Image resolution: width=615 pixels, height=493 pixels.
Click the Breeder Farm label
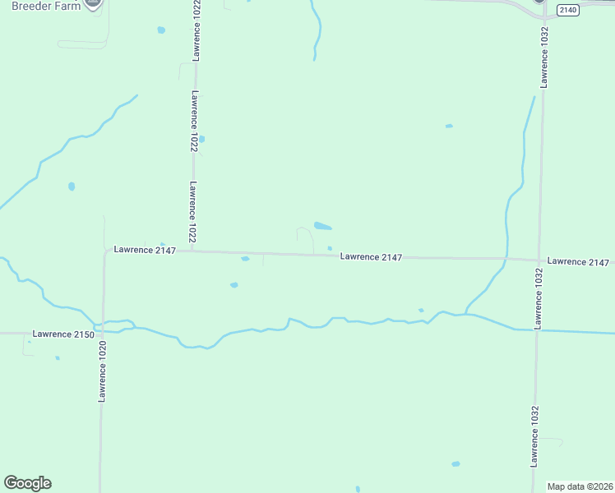pyautogui.click(x=46, y=6)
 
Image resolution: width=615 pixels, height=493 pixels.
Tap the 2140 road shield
pyautogui.click(x=566, y=10)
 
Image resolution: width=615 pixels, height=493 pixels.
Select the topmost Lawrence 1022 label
pyautogui.click(x=197, y=31)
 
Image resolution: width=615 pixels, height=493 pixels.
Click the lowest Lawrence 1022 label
pyautogui.click(x=192, y=211)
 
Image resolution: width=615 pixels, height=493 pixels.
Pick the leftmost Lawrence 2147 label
pyautogui.click(x=145, y=250)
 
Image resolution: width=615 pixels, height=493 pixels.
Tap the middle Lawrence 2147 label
pyautogui.click(x=371, y=257)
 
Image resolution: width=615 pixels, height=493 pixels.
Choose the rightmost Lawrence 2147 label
pyautogui.click(x=578, y=261)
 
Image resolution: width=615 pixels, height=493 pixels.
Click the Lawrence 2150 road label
pyautogui.click(x=62, y=334)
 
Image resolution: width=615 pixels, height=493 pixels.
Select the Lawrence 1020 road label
pyautogui.click(x=103, y=372)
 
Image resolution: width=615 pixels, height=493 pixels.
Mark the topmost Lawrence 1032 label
pyautogui.click(x=544, y=58)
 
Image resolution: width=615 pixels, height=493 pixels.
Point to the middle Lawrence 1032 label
pyautogui.click(x=539, y=298)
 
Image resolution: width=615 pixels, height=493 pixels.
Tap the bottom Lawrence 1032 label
pyautogui.click(x=534, y=437)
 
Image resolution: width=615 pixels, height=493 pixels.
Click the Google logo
pyautogui.click(x=27, y=483)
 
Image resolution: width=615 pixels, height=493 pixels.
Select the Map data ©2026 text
pyautogui.click(x=580, y=486)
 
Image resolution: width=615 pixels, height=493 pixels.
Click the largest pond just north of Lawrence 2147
pyautogui.click(x=323, y=226)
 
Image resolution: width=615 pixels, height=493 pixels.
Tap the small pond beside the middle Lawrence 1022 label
pyautogui.click(x=202, y=139)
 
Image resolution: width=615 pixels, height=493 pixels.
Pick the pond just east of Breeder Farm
pyautogui.click(x=161, y=30)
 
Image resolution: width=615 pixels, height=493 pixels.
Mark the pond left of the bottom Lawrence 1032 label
pyautogui.click(x=455, y=463)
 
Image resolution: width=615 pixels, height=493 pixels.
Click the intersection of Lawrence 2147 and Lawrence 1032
pyautogui.click(x=540, y=260)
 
